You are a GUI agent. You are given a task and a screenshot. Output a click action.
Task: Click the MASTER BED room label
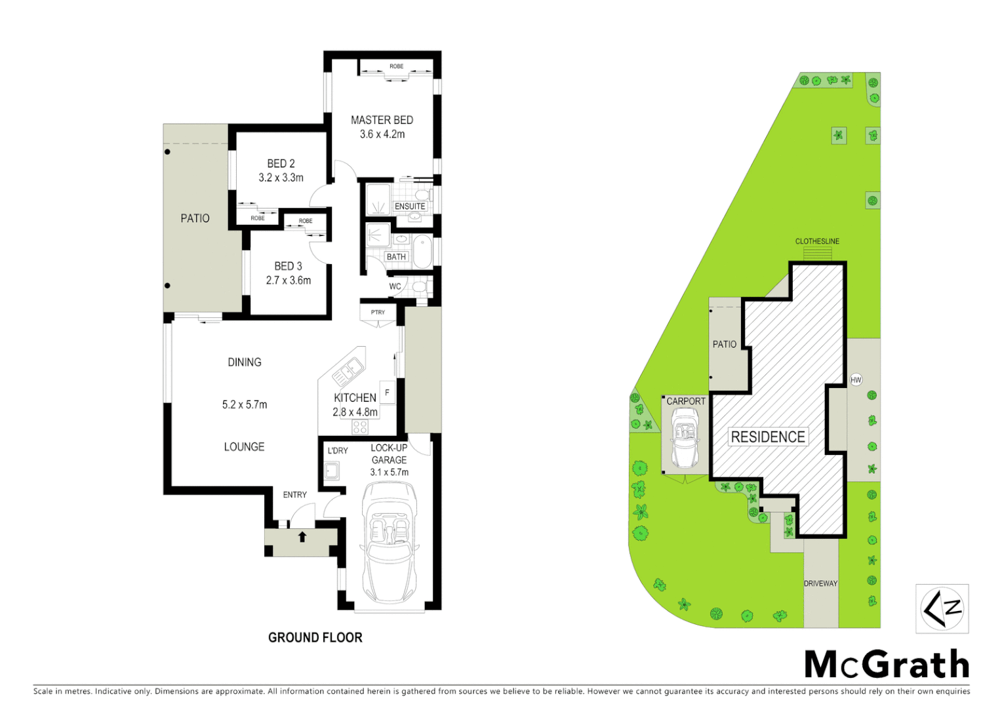click(382, 120)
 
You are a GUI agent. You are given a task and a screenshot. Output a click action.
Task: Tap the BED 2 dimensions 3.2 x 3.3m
click(281, 178)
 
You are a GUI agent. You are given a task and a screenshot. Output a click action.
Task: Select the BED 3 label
click(288, 266)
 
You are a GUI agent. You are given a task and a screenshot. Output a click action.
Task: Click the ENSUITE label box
click(410, 206)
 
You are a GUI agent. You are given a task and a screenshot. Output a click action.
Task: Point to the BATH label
click(396, 257)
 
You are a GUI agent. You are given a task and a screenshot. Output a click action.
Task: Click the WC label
click(395, 286)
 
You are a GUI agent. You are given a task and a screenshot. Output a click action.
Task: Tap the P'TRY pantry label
click(378, 312)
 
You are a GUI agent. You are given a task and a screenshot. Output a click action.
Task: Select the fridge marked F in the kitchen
click(387, 393)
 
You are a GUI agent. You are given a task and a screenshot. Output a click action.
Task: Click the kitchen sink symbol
click(349, 370)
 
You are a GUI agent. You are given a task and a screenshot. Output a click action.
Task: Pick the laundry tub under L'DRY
click(332, 470)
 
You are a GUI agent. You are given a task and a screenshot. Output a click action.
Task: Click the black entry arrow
click(302, 537)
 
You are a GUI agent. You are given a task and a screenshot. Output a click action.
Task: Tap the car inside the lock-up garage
click(390, 544)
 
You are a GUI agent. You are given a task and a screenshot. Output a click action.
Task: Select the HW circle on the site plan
click(856, 380)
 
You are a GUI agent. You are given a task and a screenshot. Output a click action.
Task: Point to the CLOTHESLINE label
click(817, 241)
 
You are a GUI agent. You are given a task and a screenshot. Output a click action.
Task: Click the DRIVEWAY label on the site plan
click(820, 583)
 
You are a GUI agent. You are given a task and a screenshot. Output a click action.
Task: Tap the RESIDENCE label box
click(768, 437)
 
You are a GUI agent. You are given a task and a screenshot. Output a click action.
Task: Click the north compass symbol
click(942, 608)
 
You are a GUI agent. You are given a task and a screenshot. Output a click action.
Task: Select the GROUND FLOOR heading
click(315, 637)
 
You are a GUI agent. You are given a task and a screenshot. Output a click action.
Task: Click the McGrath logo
click(887, 665)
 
